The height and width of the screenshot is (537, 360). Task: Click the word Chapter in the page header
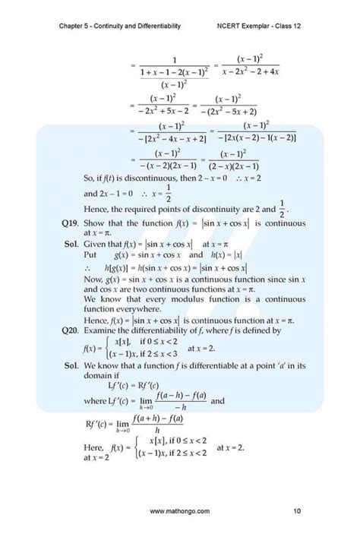(73, 26)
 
